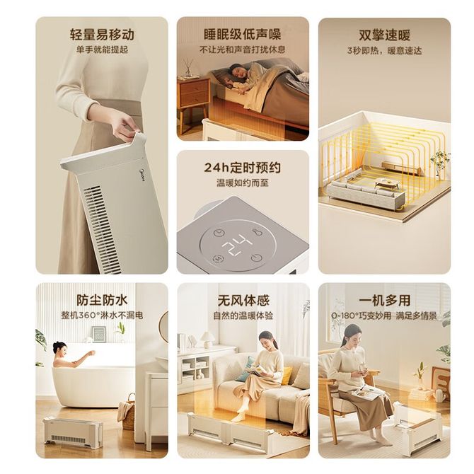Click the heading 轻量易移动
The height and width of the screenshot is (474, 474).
pyautogui.click(x=102, y=35)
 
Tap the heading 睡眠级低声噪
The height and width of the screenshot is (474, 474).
pyautogui.click(x=243, y=34)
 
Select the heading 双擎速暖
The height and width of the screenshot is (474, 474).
pyautogui.click(x=385, y=35)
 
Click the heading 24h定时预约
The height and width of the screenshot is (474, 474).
pyautogui.click(x=243, y=168)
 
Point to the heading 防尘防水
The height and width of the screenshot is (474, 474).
pyautogui.click(x=102, y=300)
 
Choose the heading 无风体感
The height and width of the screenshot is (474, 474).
pyautogui.click(x=243, y=301)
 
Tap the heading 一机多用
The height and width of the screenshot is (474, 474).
pyautogui.click(x=385, y=301)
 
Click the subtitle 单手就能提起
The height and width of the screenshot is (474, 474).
pyautogui.click(x=102, y=50)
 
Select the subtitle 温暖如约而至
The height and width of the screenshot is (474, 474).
pyautogui.click(x=243, y=183)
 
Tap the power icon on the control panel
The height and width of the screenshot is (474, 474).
pyautogui.click(x=255, y=258)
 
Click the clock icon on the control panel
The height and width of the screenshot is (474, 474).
pyautogui.click(x=219, y=233)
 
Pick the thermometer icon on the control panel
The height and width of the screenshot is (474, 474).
pyautogui.click(x=257, y=232)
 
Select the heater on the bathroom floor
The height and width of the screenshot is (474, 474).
pyautogui.click(x=73, y=432)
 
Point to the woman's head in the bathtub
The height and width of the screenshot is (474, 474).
pyautogui.click(x=59, y=347)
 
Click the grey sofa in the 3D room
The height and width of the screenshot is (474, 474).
pyautogui.click(x=366, y=192)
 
